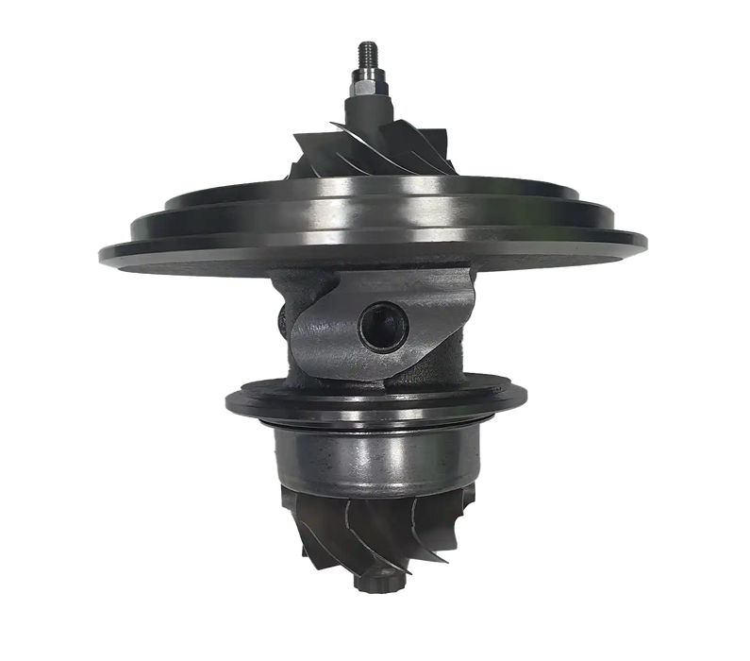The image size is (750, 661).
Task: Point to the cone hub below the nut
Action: pos(366,118)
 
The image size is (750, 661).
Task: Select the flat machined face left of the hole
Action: pos(325,330)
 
